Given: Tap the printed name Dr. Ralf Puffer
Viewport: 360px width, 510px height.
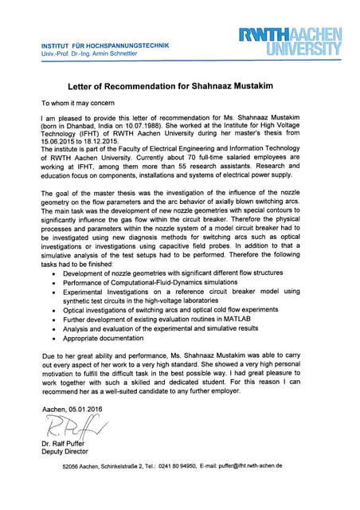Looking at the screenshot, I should [63, 443].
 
